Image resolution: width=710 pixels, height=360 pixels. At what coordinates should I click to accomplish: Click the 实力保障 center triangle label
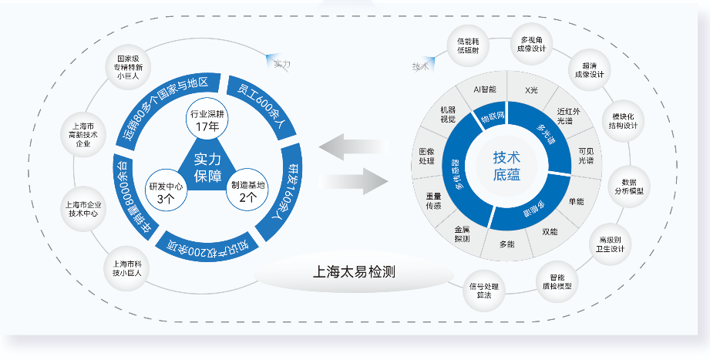[207, 167]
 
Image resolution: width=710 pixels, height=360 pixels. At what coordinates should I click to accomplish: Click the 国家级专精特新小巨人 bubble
[128, 67]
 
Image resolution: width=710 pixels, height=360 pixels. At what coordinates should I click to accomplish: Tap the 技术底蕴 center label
[506, 166]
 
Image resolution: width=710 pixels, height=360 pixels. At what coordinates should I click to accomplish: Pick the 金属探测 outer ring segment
[462, 234]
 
